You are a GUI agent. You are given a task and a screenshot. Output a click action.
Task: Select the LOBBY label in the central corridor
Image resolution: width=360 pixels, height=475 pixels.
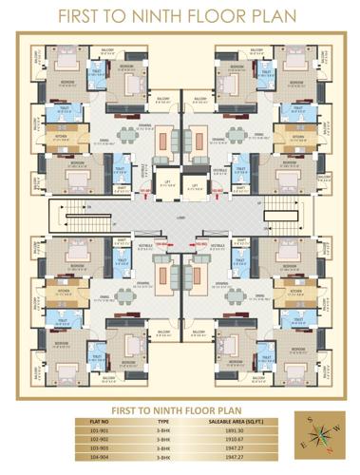180,217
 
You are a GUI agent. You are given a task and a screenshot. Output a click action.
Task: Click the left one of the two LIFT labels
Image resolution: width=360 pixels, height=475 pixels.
165,183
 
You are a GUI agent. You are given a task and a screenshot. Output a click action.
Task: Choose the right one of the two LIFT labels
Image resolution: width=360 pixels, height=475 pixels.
194,183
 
